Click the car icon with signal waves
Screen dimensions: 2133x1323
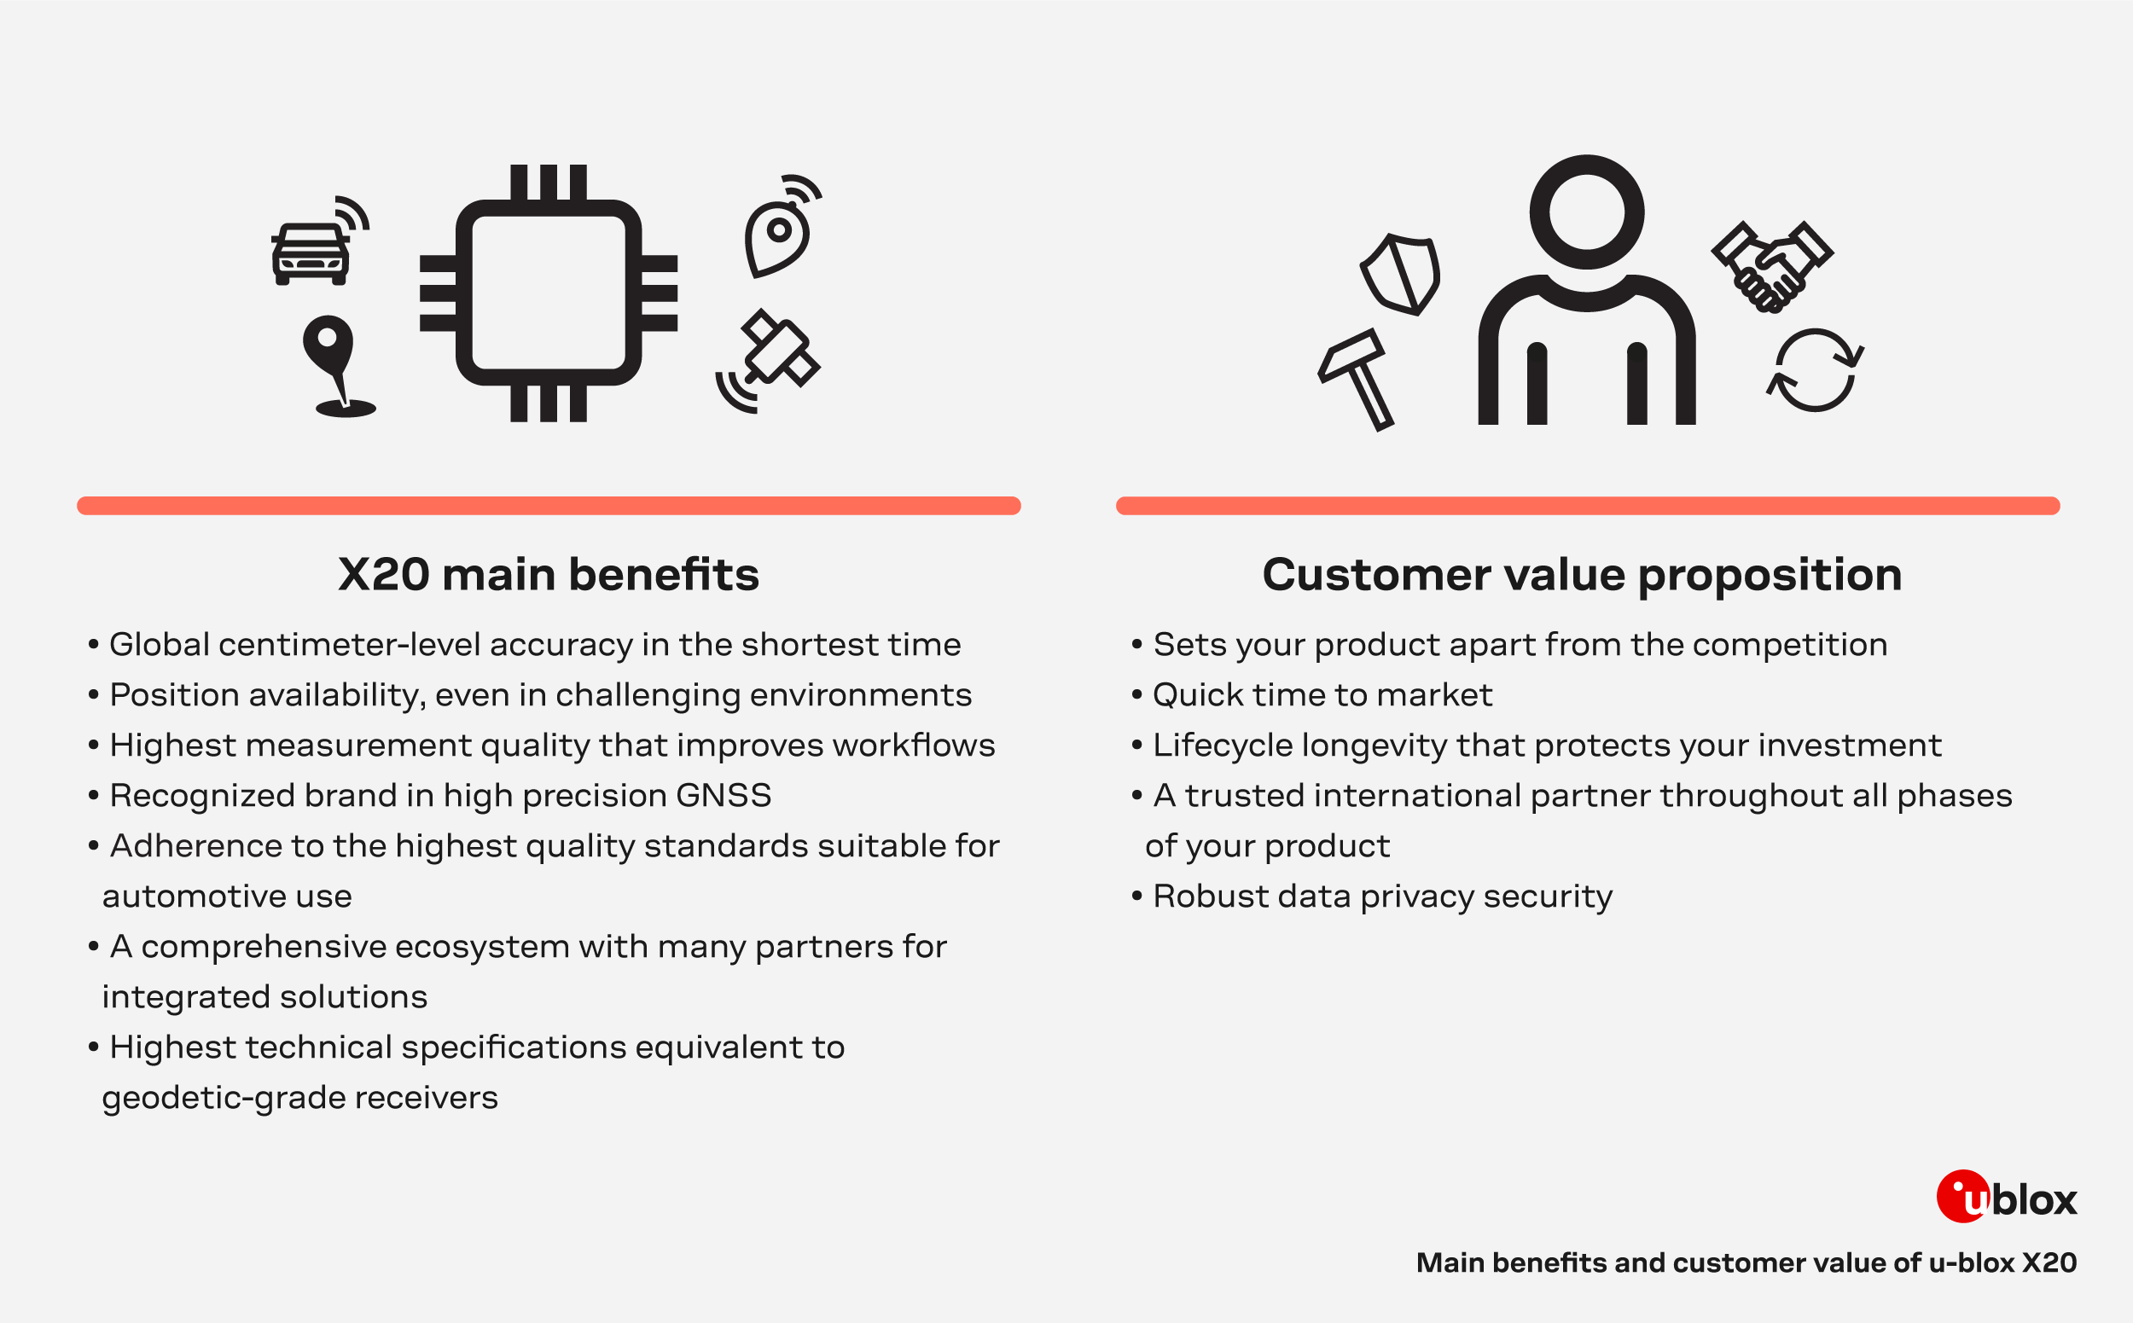318,241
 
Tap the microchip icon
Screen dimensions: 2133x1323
549,293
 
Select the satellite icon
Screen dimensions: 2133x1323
769,360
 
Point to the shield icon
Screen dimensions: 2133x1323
1399,274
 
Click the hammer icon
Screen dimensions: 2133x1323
1356,379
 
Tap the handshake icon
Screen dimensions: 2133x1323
1771,266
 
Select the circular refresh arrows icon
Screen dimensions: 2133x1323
1815,370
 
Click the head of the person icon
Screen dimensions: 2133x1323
1586,212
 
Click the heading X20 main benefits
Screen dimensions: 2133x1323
549,574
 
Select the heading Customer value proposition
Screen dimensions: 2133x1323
1583,576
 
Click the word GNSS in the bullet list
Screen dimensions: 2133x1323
723,795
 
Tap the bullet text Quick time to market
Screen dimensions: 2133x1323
1322,694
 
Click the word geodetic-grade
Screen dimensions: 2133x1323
224,1098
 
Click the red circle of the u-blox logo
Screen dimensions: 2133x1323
1962,1196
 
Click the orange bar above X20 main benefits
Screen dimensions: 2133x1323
549,506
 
